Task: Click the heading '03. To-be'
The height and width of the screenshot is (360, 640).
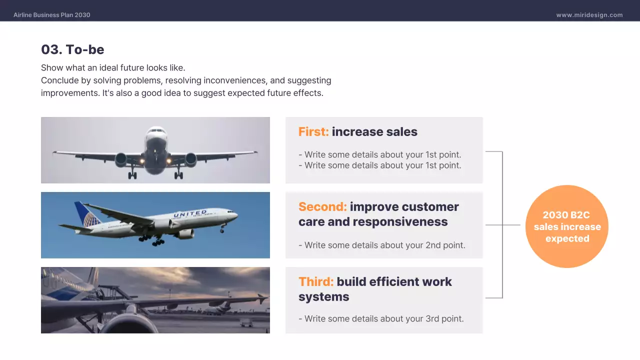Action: [72, 49]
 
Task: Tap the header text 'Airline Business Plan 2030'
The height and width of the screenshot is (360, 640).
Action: [52, 15]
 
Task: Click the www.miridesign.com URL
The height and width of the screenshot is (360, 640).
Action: [589, 15]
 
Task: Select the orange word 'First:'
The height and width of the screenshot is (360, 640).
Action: [313, 132]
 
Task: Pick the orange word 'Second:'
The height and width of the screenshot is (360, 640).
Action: [322, 207]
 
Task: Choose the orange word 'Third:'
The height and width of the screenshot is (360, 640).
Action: [316, 282]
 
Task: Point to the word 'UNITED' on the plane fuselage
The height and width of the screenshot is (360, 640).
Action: [190, 214]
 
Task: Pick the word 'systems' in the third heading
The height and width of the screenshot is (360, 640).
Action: [323, 297]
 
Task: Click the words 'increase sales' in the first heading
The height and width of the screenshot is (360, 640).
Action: [374, 132]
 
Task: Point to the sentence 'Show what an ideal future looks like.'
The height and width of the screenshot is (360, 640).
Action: [113, 67]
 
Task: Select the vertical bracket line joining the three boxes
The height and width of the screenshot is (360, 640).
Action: [502, 225]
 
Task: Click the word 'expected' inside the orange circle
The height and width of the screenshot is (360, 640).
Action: [567, 238]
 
